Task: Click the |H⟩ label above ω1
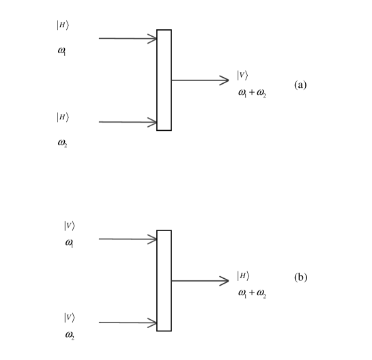[x=62, y=26]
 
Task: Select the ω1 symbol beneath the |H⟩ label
[x=61, y=50]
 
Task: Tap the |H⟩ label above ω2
[x=62, y=117]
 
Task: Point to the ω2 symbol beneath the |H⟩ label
[x=62, y=143]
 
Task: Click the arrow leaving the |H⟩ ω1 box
[x=128, y=39]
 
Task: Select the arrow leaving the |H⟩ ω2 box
[x=128, y=123]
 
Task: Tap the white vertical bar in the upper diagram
[x=164, y=80]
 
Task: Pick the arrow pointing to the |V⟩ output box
[x=199, y=80]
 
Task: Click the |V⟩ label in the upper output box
[x=243, y=76]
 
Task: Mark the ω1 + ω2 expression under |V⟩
[x=252, y=93]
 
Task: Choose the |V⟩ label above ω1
[x=69, y=226]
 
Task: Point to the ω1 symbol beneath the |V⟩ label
[x=69, y=243]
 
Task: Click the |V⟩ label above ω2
[x=69, y=317]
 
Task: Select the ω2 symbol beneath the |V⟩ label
[x=70, y=334]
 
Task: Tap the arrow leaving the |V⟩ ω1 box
[x=128, y=239]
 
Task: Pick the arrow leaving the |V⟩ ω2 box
[x=128, y=322]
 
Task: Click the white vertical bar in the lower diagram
[x=164, y=280]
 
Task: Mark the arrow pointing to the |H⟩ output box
[x=199, y=280]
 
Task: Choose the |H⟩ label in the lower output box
[x=243, y=276]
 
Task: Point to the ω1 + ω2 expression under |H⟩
[x=252, y=293]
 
